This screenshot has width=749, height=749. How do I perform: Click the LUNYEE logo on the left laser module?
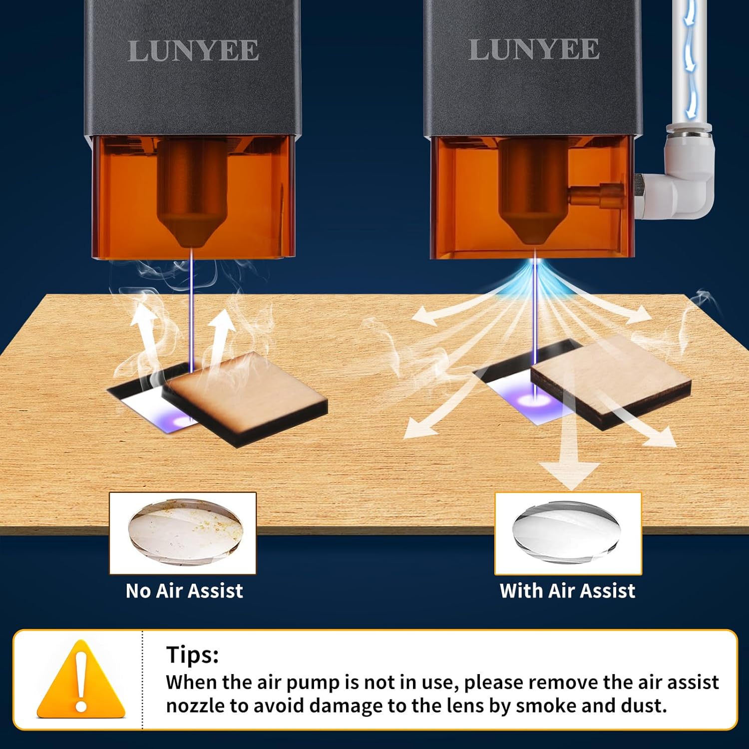[193, 51]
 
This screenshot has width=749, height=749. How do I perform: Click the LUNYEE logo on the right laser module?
[534, 49]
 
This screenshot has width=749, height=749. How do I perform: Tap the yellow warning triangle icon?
[81, 679]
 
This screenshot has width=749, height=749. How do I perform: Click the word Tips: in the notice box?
[192, 654]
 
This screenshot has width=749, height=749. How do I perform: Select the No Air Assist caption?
[184, 591]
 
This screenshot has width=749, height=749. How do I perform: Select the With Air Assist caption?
[567, 591]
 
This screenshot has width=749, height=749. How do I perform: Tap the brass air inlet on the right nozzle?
[597, 194]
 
